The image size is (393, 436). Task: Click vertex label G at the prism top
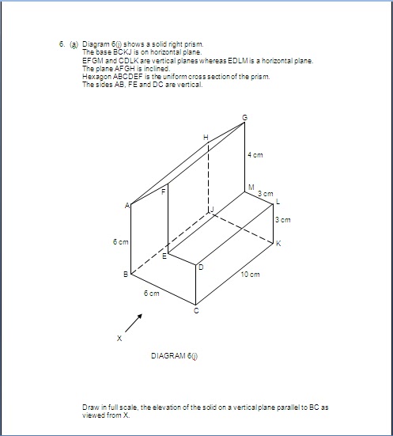pyautogui.click(x=244, y=118)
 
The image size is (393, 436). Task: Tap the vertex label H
pyautogui.click(x=206, y=138)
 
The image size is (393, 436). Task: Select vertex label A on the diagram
pyautogui.click(x=127, y=205)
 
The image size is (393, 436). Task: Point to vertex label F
pyautogui.click(x=163, y=191)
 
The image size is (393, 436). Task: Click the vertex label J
pyautogui.click(x=211, y=210)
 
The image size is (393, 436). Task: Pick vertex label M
pyautogui.click(x=250, y=188)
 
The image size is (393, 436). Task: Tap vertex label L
pyautogui.click(x=278, y=203)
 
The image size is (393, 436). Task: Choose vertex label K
pyautogui.click(x=278, y=243)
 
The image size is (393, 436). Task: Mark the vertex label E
pyautogui.click(x=164, y=256)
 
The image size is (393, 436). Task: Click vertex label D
pyautogui.click(x=201, y=268)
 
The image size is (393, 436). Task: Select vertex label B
pyautogui.click(x=125, y=275)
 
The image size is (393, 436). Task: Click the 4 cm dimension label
pyautogui.click(x=255, y=155)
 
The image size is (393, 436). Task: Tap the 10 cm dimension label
pyautogui.click(x=250, y=274)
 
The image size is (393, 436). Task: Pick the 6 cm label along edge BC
pyautogui.click(x=152, y=293)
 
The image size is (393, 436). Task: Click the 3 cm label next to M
pyautogui.click(x=265, y=193)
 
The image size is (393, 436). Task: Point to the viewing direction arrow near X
pyautogui.click(x=134, y=323)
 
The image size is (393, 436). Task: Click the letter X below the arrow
pyautogui.click(x=119, y=338)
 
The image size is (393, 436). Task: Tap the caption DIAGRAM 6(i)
pyautogui.click(x=174, y=355)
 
